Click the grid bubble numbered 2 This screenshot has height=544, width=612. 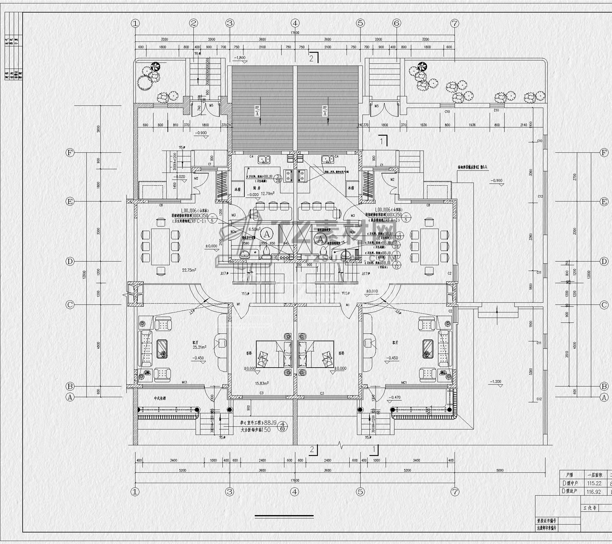(194, 23)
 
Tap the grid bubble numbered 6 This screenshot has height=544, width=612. (397, 23)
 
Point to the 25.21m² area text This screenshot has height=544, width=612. (199, 347)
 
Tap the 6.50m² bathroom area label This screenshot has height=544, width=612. (254, 230)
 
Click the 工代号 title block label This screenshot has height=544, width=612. (590, 508)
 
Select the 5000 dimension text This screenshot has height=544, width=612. (500, 470)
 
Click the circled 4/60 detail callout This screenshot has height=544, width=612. (283, 426)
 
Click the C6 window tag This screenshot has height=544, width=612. (161, 205)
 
